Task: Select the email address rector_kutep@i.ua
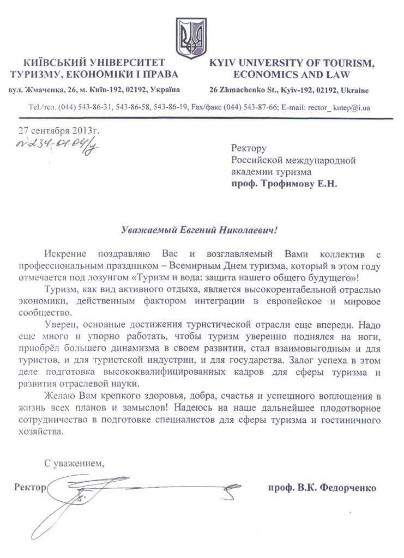[339, 108]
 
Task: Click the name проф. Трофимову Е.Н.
[284, 184]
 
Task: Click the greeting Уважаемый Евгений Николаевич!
[199, 230]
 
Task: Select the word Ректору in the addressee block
[249, 148]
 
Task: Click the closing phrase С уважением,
[74, 464]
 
